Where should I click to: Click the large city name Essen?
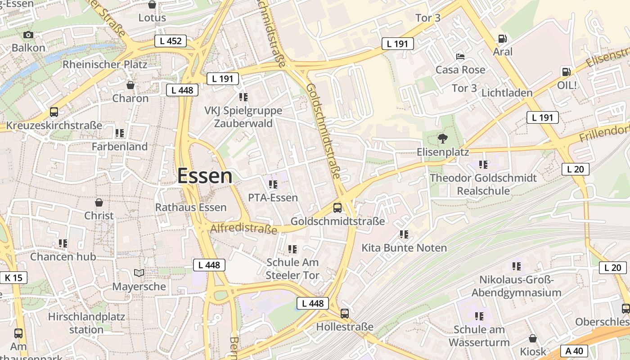coord(205,176)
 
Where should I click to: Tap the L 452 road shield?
coord(171,41)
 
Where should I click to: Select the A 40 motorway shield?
coord(574,351)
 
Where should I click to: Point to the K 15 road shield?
coord(13,278)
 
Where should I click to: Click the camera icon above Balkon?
coord(28,35)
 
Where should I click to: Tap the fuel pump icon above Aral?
coord(503,39)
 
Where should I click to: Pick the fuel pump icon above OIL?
coord(566,72)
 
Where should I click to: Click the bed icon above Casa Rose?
coord(460,57)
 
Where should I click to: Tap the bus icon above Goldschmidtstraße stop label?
coord(337,208)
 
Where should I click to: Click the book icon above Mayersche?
coord(139,273)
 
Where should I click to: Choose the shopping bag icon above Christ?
coord(99,202)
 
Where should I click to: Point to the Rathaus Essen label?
coord(191,207)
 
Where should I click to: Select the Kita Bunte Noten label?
coord(404,248)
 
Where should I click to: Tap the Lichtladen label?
coord(507,93)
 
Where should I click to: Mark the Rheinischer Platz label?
coord(105,64)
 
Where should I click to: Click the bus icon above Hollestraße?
coord(345,313)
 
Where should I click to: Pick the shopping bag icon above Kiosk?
coord(533,338)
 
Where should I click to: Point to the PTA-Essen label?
coord(273,198)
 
